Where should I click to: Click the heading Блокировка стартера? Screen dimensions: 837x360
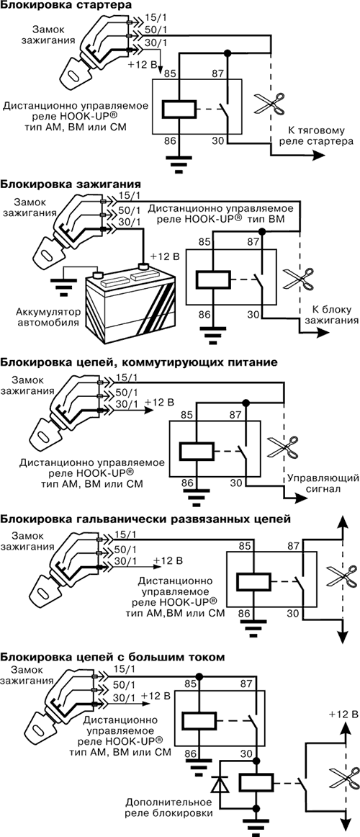pos(66,6)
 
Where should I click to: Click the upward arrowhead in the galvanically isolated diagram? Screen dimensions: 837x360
pos(338,525)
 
